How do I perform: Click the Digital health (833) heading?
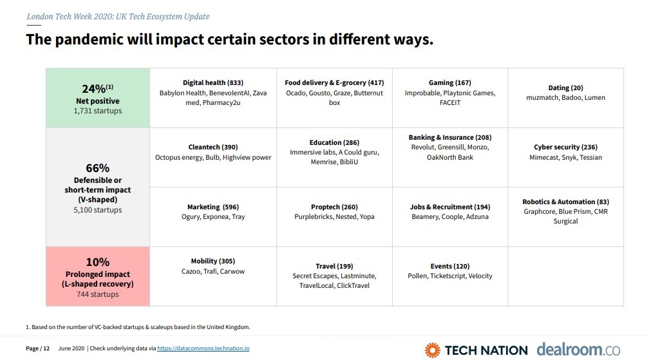[212, 83]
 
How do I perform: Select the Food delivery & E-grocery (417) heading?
[334, 83]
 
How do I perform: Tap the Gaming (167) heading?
[449, 83]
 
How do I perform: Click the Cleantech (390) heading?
[212, 147]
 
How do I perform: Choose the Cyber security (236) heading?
[565, 147]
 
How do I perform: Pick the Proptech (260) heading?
[334, 207]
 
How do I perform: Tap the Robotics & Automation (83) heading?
[565, 202]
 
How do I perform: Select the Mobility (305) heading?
[212, 261]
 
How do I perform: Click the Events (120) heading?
[449, 267]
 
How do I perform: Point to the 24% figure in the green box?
[94, 89]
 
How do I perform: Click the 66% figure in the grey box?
[97, 169]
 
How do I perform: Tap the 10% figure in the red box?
[97, 262]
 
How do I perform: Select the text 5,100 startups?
[97, 210]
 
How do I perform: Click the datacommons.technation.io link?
[203, 348]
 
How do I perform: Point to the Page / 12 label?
[38, 348]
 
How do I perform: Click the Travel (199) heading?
[334, 267]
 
